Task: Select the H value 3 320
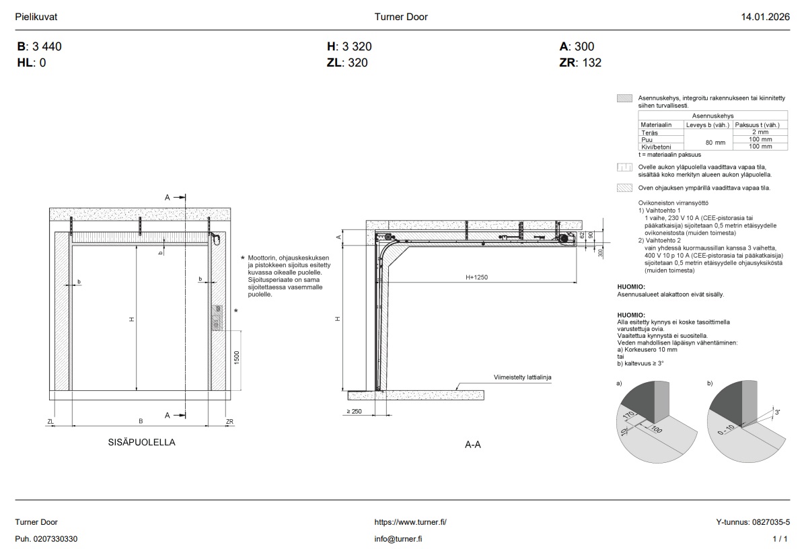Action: tap(356, 47)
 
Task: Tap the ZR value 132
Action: tap(592, 63)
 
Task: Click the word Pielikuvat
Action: tap(36, 17)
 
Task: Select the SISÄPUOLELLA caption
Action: tap(141, 443)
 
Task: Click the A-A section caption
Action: tap(473, 445)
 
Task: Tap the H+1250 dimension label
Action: tap(477, 277)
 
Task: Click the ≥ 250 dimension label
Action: tap(354, 410)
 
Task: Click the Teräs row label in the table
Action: tap(650, 133)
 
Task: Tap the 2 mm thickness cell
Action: tap(761, 133)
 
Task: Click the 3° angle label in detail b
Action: tap(778, 412)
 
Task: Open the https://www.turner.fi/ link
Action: tap(410, 522)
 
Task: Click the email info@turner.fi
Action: tap(398, 539)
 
